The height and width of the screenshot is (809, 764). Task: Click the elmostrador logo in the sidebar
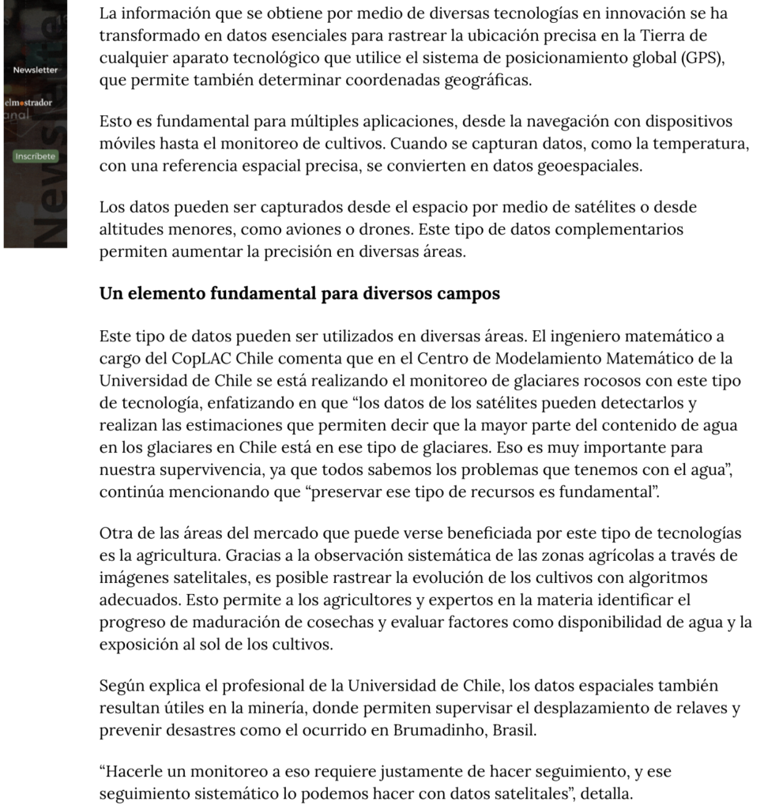point(29,103)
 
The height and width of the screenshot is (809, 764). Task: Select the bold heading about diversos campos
point(299,294)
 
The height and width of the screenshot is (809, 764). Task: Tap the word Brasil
point(514,730)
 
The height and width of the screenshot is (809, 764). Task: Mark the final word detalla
point(605,793)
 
